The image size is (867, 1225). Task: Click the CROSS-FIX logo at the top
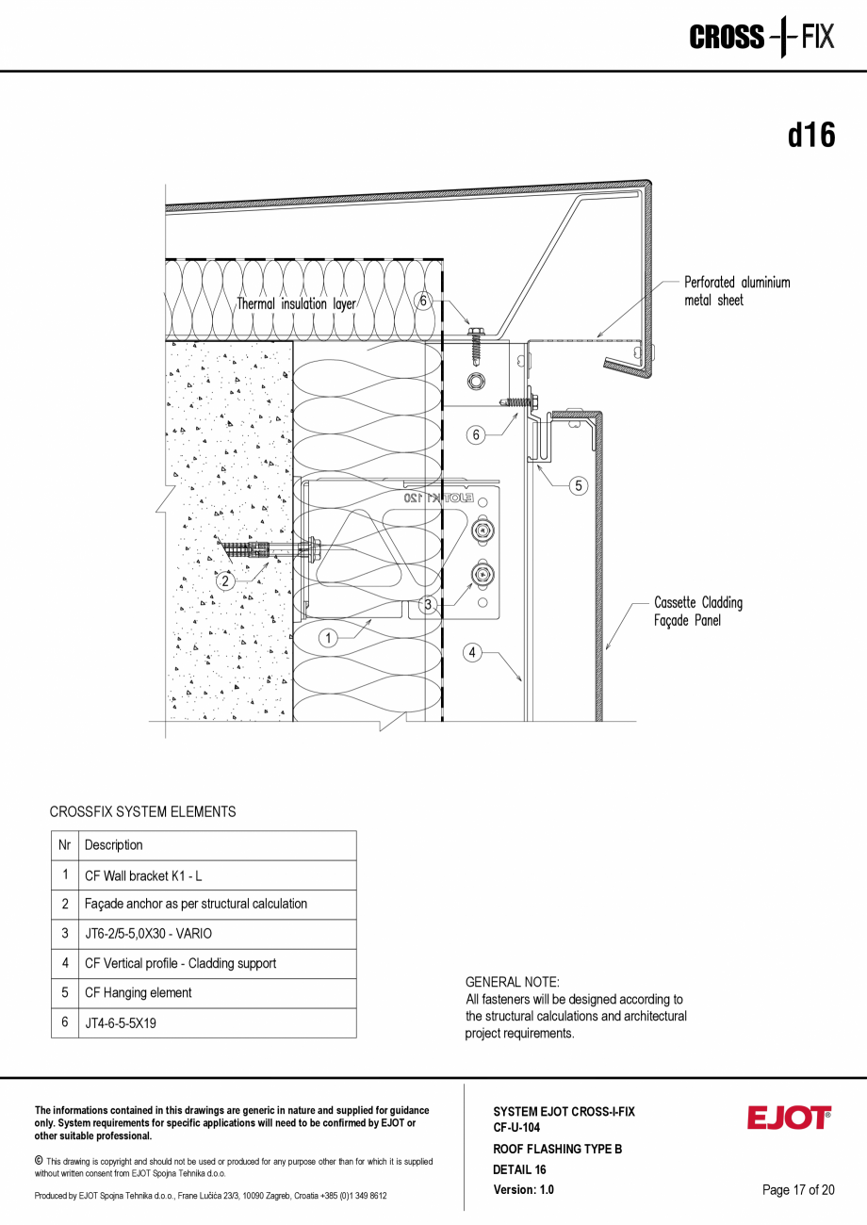[761, 38]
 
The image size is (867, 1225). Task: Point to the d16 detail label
[811, 136]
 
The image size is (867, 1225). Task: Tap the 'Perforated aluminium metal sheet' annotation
[736, 291]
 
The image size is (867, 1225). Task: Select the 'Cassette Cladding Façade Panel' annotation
[697, 612]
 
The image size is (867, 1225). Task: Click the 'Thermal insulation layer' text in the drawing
[296, 304]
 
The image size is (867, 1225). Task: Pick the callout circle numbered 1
[328, 638]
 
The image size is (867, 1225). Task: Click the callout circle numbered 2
[225, 581]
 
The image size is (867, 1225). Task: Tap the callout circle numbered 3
[428, 604]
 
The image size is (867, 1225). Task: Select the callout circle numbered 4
[472, 651]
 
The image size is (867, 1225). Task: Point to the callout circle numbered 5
[578, 485]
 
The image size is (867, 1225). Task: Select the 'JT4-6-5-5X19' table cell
[121, 1023]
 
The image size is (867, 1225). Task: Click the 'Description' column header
[114, 845]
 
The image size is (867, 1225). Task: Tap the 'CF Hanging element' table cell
[138, 993]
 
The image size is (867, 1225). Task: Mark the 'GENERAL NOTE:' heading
[512, 982]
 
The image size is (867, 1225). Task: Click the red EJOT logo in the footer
[789, 1118]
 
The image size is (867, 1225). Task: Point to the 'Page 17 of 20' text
[798, 1190]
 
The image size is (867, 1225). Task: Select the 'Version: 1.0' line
[523, 1190]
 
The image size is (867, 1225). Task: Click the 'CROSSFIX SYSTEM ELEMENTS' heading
[142, 811]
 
